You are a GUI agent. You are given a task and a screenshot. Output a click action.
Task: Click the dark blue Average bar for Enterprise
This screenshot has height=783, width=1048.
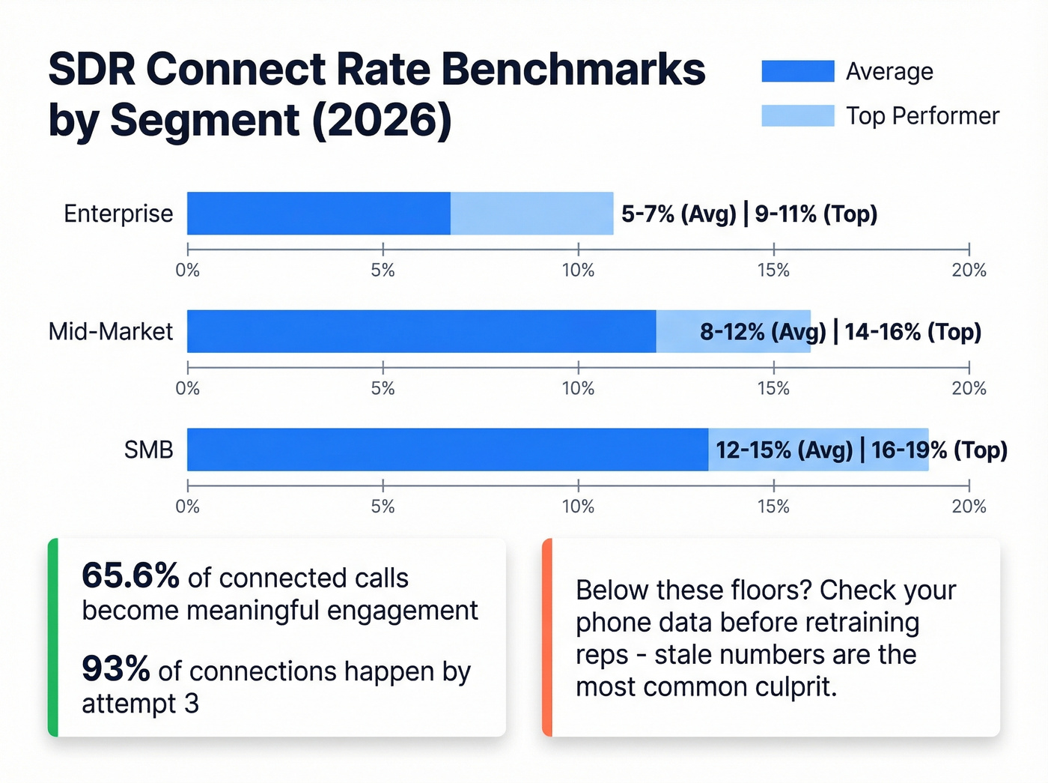pyautogui.click(x=318, y=214)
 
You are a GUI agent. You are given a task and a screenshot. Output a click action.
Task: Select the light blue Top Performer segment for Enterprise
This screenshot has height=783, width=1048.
pyautogui.click(x=531, y=214)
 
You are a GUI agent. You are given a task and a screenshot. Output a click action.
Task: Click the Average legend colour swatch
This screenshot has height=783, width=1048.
pyautogui.click(x=797, y=71)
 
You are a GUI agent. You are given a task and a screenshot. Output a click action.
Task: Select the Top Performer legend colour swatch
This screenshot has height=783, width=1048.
pyautogui.click(x=797, y=115)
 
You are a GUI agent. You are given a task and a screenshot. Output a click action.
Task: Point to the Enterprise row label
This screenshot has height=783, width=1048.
pyautogui.click(x=118, y=214)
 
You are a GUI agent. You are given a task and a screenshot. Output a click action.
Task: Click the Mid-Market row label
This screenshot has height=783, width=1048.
pyautogui.click(x=110, y=331)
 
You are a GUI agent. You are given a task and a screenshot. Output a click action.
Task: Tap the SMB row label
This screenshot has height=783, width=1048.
pyautogui.click(x=148, y=450)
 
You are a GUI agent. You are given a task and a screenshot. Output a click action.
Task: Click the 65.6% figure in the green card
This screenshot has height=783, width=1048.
pyautogui.click(x=130, y=575)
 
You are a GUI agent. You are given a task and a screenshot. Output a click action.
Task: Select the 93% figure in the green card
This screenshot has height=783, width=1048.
pyautogui.click(x=115, y=668)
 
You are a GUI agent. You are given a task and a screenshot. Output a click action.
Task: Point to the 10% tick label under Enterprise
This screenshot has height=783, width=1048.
pyautogui.click(x=578, y=270)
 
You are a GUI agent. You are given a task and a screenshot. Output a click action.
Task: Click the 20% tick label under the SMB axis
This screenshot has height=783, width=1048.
pyautogui.click(x=969, y=507)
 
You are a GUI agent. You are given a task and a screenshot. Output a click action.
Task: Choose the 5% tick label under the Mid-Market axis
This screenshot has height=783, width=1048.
pyautogui.click(x=383, y=388)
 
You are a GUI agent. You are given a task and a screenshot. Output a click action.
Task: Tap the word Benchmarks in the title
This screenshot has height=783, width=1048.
pyautogui.click(x=573, y=69)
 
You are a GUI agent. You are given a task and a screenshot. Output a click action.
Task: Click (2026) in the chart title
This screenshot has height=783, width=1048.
pyautogui.click(x=381, y=120)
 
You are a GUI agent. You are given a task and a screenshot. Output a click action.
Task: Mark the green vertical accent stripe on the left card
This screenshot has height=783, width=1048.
pyautogui.click(x=53, y=637)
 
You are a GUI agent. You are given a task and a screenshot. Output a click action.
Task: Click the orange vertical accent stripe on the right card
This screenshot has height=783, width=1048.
pyautogui.click(x=547, y=637)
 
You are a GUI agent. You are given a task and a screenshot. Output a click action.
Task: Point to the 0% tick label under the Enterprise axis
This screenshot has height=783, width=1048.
pyautogui.click(x=187, y=270)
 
